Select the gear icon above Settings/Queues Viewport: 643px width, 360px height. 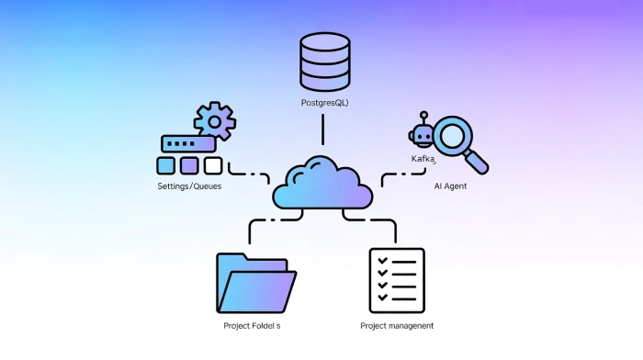pyautogui.click(x=214, y=120)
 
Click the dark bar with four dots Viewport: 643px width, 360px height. pyautogui.click(x=188, y=144)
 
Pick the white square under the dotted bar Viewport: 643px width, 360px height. pyautogui.click(x=213, y=166)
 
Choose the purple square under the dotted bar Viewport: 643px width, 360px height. pyautogui.click(x=189, y=166)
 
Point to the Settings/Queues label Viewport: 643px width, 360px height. pyautogui.click(x=189, y=186)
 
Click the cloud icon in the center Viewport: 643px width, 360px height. pyautogui.click(x=322, y=183)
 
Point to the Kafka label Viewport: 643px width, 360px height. pyautogui.click(x=423, y=159)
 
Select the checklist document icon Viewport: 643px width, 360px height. pyautogui.click(x=397, y=280)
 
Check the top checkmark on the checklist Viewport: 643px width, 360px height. pyautogui.click(x=382, y=261)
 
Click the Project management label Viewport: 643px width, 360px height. pyautogui.click(x=397, y=326)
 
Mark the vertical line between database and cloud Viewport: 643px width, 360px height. pyautogui.click(x=322, y=129)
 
